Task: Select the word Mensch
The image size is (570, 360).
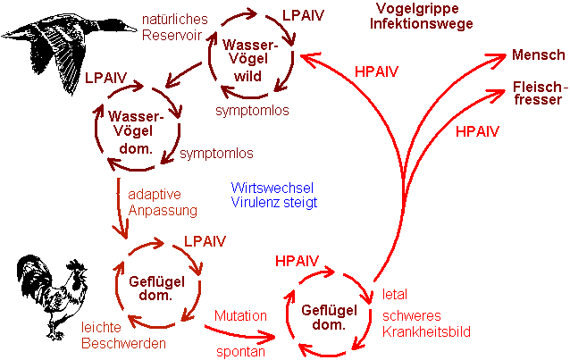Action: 537,55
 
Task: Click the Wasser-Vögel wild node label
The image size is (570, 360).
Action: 252,59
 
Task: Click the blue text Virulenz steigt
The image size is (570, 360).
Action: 272,202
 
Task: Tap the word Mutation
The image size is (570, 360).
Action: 240,315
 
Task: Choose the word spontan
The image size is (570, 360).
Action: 240,350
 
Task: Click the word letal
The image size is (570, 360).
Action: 395,294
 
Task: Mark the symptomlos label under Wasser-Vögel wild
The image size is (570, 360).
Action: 252,110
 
